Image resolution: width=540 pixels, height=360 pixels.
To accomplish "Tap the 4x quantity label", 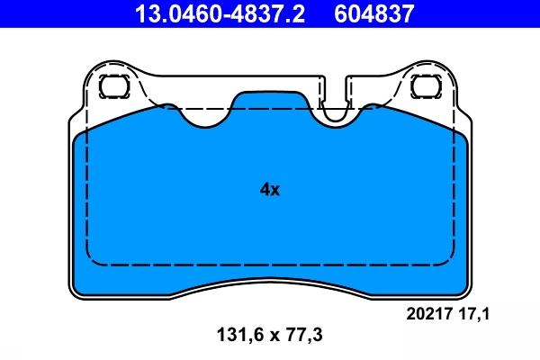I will tap(270, 190).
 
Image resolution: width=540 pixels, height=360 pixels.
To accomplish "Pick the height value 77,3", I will tap(302, 335).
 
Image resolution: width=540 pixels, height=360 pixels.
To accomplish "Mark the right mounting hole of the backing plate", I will tap(424, 87).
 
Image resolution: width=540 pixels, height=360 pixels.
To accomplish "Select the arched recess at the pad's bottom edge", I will tap(269, 288).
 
